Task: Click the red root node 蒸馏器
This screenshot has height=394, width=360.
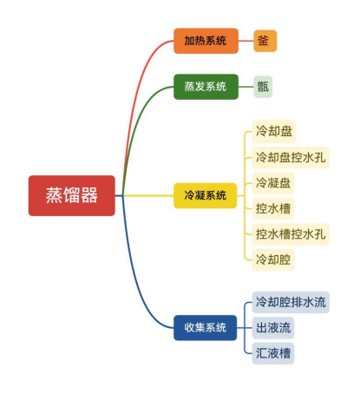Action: click(72, 195)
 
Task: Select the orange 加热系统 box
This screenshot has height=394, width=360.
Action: click(206, 41)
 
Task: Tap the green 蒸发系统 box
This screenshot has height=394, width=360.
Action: click(206, 87)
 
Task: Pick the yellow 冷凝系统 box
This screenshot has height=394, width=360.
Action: click(205, 195)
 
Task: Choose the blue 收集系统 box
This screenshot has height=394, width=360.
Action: click(205, 328)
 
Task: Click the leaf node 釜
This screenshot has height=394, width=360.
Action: click(265, 41)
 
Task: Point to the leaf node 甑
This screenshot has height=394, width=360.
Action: click(263, 87)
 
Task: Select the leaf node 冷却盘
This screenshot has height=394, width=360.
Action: click(274, 131)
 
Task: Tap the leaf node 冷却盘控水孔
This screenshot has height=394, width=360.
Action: click(291, 157)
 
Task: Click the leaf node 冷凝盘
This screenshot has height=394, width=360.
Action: click(273, 183)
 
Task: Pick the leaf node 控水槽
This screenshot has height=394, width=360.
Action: click(273, 208)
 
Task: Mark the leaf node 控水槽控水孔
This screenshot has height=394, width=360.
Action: click(291, 234)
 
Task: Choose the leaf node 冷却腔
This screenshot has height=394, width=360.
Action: click(273, 259)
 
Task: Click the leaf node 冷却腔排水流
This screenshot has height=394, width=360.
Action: click(291, 302)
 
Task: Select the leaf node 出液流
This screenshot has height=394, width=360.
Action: click(273, 328)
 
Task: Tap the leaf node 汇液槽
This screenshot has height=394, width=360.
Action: click(273, 353)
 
